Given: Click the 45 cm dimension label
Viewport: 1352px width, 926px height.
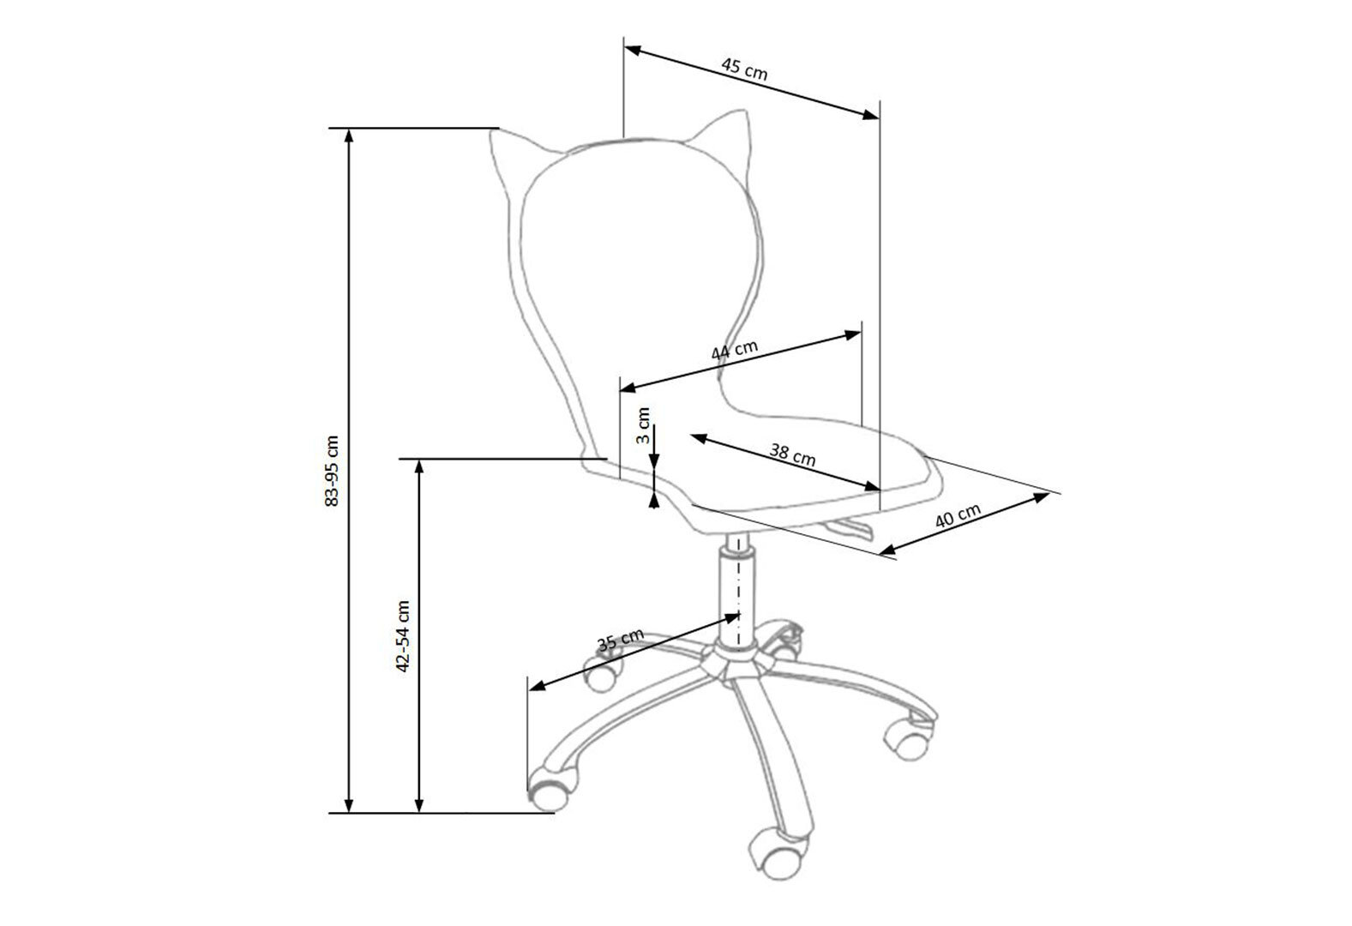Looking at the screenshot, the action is coord(744,69).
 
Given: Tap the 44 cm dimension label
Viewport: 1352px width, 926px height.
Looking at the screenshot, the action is coord(734,351).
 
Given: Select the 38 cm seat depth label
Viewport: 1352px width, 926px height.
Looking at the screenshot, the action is coord(792,455).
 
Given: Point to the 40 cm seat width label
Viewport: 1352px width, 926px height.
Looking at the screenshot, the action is coord(958,515).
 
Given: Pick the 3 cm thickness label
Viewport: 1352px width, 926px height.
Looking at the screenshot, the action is coord(643,425).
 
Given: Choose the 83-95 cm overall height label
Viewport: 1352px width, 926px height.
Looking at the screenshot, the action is coord(332,470).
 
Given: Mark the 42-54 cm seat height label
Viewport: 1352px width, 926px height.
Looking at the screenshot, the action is coord(403,636).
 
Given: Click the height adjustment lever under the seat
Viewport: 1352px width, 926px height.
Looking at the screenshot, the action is coord(848,528).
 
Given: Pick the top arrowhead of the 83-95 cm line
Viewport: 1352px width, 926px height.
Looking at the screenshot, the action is coord(348,135).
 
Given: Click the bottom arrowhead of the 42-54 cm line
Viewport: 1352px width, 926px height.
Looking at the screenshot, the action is coord(419,804).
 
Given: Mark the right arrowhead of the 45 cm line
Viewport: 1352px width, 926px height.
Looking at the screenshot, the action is coord(871,115).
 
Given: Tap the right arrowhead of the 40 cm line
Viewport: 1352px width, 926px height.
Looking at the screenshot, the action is coord(1041,496).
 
